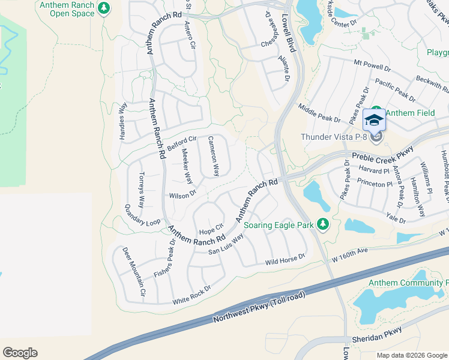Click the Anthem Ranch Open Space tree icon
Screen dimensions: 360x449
(x=104, y=8)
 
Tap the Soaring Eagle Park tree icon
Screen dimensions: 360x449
(x=324, y=224)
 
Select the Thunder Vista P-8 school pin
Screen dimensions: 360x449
(x=374, y=121)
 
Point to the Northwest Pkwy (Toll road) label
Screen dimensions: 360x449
(x=259, y=307)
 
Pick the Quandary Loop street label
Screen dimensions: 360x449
(x=142, y=215)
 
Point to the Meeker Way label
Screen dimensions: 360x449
(x=187, y=166)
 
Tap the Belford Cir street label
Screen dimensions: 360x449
(x=182, y=143)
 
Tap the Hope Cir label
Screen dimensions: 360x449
(x=211, y=229)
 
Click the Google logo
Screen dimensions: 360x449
(x=20, y=353)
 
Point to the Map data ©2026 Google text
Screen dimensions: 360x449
(x=411, y=355)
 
